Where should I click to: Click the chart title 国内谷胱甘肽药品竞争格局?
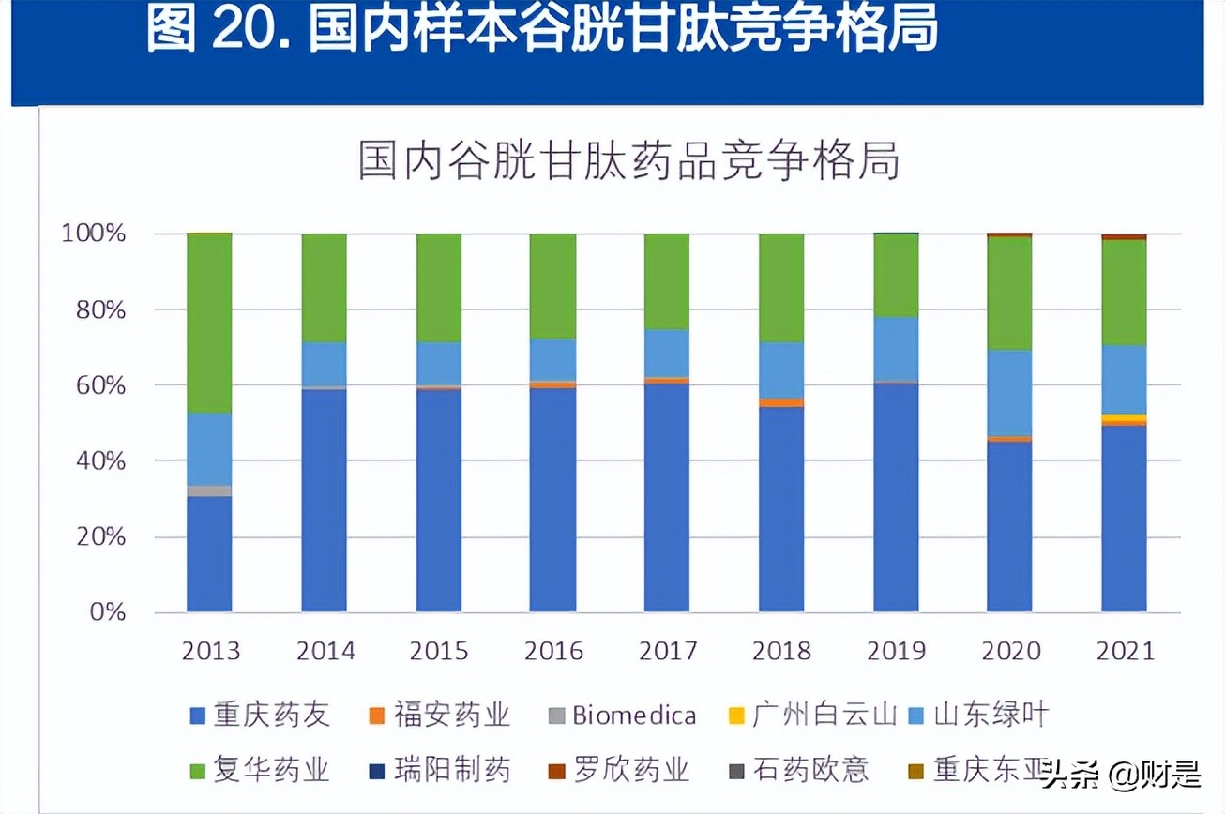[629, 161]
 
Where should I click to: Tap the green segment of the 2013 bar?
[209, 323]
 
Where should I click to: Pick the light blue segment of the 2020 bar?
[1009, 392]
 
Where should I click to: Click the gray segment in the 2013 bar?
[209, 490]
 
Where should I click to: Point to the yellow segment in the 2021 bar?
[1124, 418]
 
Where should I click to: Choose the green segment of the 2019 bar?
[896, 275]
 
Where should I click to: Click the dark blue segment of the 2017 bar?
[666, 497]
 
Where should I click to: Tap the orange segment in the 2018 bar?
[781, 402]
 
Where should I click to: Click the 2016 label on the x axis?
[553, 651]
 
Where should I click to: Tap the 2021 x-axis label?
[1125, 651]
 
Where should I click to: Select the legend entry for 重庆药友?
[260, 716]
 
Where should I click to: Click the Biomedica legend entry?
[623, 716]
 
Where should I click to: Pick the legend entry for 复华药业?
[260, 771]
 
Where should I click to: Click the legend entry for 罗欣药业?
[620, 771]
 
